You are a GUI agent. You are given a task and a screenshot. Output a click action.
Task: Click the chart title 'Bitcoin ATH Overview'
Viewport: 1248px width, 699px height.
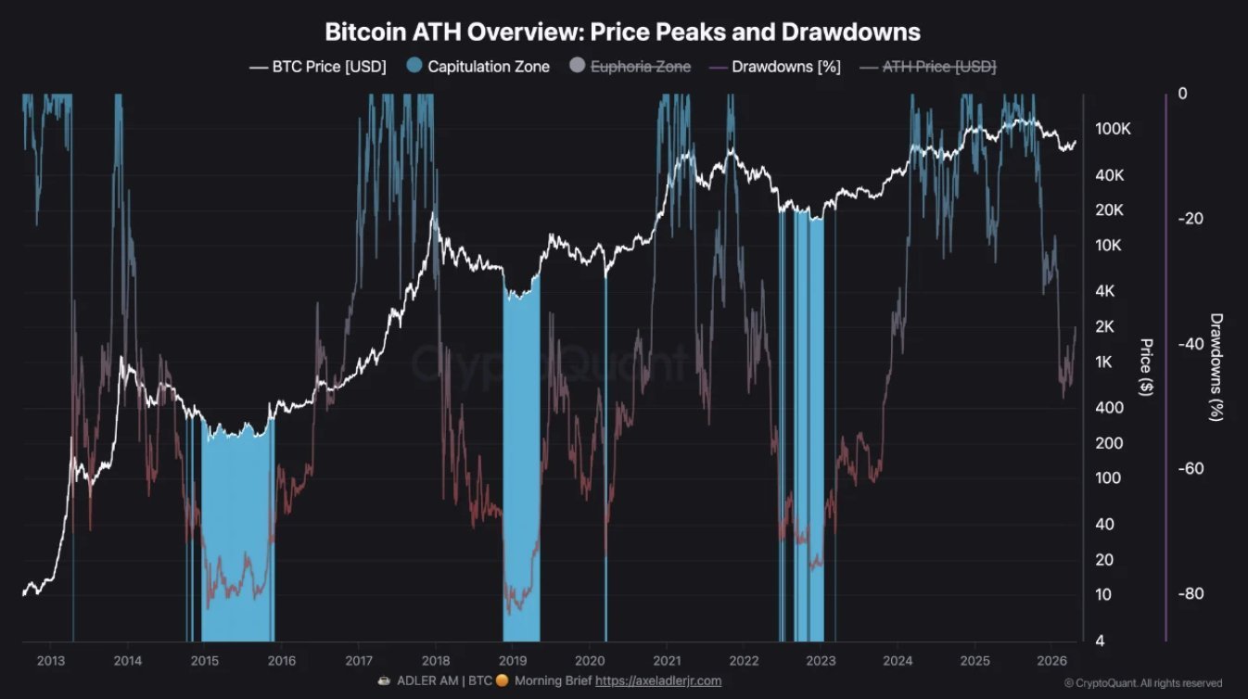pyautogui.click(x=622, y=32)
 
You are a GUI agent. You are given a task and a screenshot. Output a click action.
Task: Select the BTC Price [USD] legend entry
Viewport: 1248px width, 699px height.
pyautogui.click(x=318, y=67)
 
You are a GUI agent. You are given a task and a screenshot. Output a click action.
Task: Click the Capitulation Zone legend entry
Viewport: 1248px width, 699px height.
pyautogui.click(x=478, y=67)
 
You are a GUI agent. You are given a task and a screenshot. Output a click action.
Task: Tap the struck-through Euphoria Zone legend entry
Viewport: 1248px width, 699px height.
pyautogui.click(x=630, y=67)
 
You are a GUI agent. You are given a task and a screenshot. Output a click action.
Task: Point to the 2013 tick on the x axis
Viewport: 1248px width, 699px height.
pyautogui.click(x=50, y=660)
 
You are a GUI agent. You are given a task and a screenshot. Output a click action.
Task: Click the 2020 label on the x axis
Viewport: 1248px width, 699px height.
pyautogui.click(x=590, y=660)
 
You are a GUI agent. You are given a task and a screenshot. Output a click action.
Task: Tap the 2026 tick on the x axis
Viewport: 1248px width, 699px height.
pyautogui.click(x=1051, y=660)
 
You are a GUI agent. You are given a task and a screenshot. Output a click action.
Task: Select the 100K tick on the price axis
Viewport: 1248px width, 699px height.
pyautogui.click(x=1113, y=129)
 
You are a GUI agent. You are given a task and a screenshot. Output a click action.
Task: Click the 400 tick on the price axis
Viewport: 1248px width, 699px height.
pyautogui.click(x=1109, y=408)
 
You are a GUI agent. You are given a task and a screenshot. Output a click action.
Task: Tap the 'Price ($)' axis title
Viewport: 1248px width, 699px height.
pyautogui.click(x=1146, y=367)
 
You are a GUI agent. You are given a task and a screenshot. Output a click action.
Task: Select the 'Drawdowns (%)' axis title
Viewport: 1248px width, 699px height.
pyautogui.click(x=1216, y=367)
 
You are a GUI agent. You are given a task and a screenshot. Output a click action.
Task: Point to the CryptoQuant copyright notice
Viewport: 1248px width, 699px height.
pyautogui.click(x=1142, y=683)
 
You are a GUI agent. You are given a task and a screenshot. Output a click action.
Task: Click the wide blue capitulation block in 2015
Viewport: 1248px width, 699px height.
pyautogui.click(x=237, y=538)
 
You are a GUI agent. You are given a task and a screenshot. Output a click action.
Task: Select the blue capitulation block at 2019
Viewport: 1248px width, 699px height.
pyautogui.click(x=521, y=464)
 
